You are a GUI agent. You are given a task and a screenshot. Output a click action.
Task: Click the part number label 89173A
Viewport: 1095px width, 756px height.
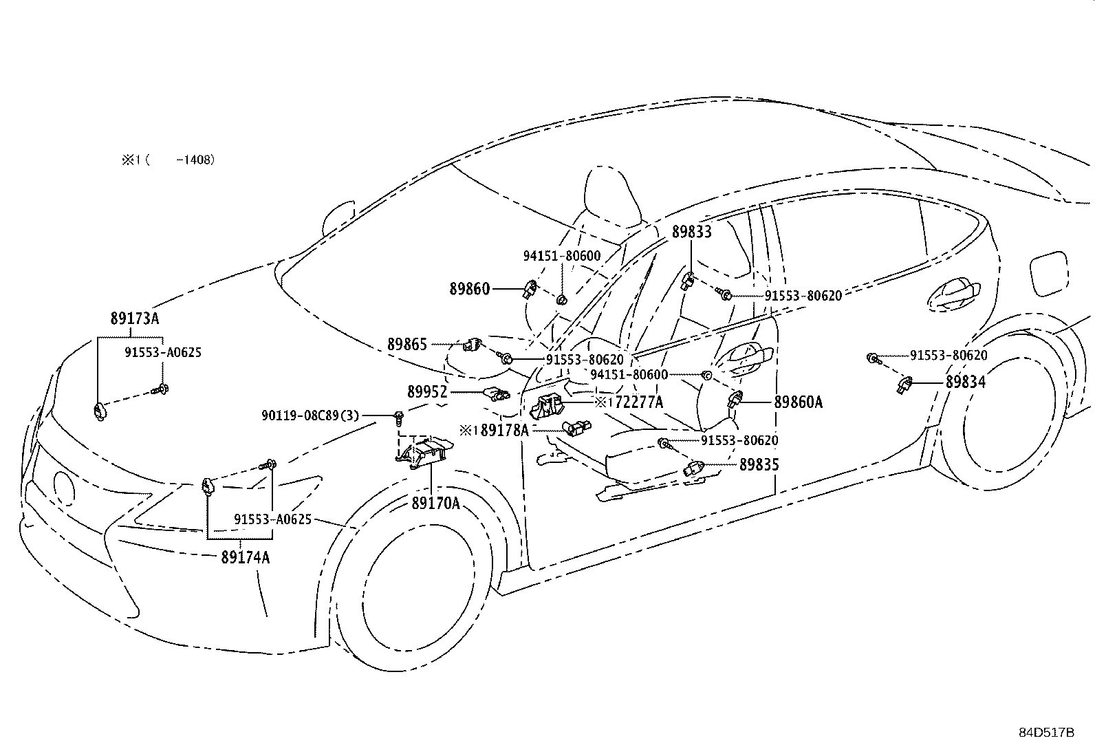[134, 318]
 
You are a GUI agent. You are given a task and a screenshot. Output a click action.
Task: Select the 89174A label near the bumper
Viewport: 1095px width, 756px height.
[246, 557]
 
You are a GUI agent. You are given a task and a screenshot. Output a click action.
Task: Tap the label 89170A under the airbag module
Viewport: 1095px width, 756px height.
[435, 503]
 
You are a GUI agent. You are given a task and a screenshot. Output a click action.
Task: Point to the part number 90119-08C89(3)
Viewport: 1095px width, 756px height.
[310, 415]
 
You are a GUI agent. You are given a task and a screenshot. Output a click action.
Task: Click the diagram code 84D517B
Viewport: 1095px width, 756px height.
[1047, 732]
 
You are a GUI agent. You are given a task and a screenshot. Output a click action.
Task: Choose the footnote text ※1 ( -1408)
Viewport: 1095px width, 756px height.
[168, 160]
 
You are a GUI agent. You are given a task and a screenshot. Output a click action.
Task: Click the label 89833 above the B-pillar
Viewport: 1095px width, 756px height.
[691, 232]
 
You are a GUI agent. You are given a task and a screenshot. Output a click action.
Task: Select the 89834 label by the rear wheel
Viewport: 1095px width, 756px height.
[966, 382]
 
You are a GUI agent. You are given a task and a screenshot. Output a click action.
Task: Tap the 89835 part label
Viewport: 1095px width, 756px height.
[759, 464]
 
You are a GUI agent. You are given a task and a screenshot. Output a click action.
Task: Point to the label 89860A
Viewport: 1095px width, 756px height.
[799, 402]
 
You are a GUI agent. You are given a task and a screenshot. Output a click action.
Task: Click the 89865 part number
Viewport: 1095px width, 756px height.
[407, 344]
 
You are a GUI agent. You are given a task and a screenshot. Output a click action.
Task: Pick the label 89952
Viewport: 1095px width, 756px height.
[427, 391]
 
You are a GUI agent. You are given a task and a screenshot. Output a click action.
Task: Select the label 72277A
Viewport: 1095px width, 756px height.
[639, 402]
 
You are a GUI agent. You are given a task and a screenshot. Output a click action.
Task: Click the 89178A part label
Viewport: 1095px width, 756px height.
[504, 431]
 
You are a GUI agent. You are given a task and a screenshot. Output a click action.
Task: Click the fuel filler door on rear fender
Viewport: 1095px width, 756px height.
[1048, 273]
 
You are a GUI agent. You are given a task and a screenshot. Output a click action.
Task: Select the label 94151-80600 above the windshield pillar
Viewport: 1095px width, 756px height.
[562, 256]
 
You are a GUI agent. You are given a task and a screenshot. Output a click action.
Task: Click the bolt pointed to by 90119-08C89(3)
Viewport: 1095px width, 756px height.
[399, 418]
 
